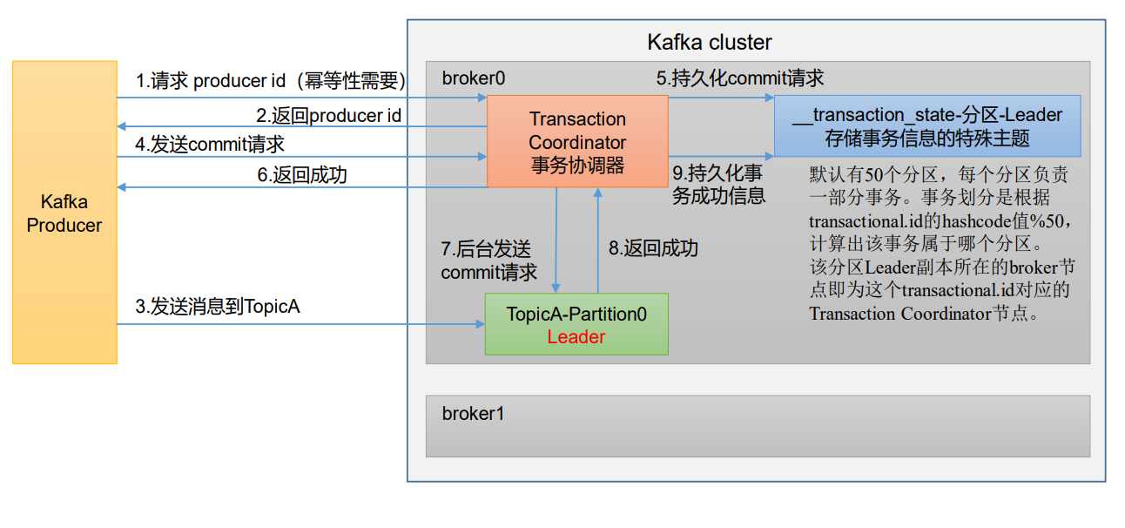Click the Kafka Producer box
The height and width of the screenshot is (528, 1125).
[x=64, y=213]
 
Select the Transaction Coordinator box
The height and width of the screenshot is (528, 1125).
[x=577, y=141]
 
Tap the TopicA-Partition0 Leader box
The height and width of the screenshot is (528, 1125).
[x=576, y=324]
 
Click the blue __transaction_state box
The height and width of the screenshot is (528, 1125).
[x=927, y=125]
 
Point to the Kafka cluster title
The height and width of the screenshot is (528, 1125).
[x=709, y=42]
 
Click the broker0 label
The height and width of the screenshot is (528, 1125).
[x=473, y=78]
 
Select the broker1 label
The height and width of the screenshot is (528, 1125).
[x=473, y=414]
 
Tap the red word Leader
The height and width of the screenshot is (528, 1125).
[x=576, y=336]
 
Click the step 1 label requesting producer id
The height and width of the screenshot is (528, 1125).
[x=271, y=81]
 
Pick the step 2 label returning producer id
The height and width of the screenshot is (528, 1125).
[x=328, y=115]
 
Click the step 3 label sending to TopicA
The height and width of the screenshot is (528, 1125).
[x=218, y=307]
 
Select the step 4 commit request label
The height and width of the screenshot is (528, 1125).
[x=210, y=145]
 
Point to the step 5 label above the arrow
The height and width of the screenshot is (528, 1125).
[x=740, y=78]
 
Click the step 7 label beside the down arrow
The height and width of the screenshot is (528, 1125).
[x=488, y=260]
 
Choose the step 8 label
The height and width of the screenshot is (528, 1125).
[x=653, y=248]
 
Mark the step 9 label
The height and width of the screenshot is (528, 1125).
[x=718, y=184]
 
